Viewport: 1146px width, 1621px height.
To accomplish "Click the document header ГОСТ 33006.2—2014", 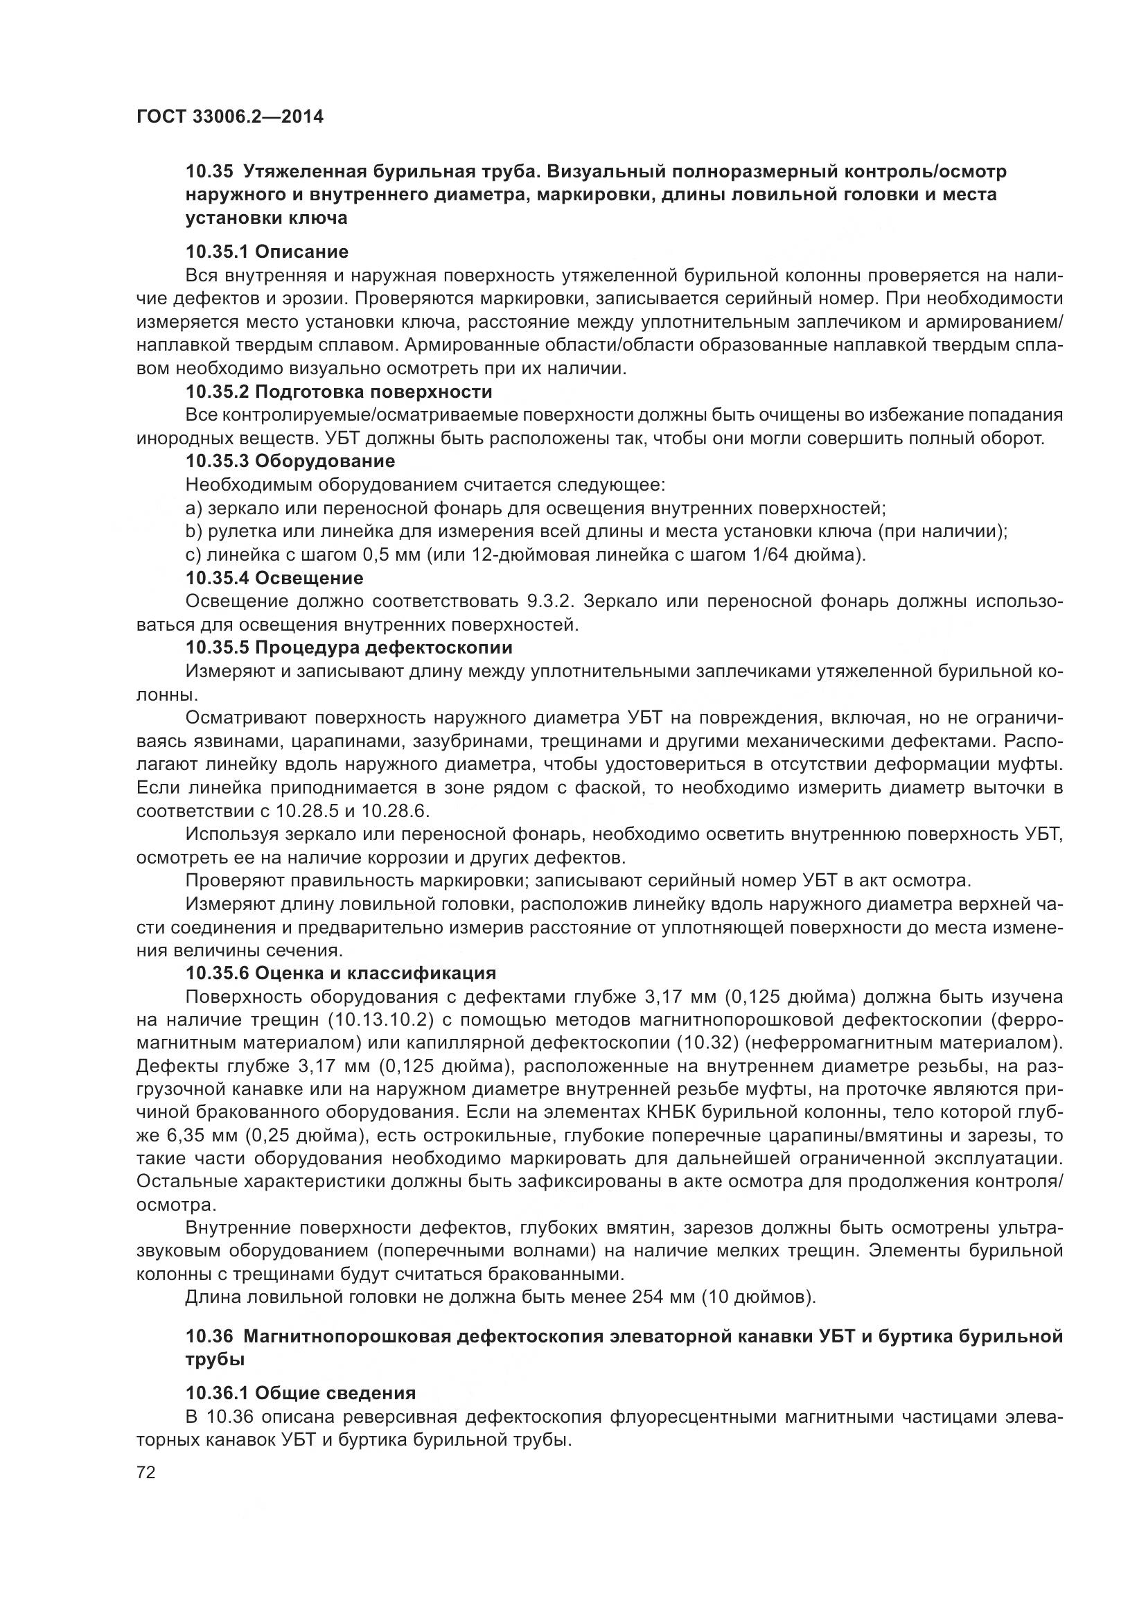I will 230,117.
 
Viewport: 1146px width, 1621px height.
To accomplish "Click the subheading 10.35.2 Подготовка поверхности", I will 339,392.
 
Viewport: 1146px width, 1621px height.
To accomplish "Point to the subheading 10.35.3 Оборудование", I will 290,462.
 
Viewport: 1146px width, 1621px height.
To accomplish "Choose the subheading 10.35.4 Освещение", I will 274,578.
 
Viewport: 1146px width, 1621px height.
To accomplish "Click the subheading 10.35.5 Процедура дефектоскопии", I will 349,647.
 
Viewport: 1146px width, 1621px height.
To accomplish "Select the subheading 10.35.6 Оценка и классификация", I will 341,974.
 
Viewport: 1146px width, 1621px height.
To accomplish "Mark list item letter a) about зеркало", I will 194,508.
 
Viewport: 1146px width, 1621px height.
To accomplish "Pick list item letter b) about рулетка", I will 194,532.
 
